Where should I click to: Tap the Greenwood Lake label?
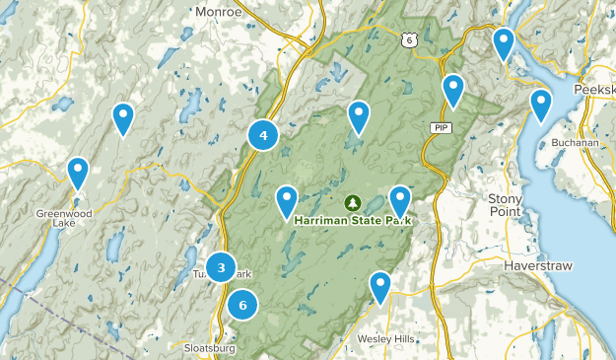click(63, 218)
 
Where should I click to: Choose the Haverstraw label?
click(532, 266)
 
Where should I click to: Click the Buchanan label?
click(576, 142)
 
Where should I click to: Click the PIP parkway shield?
click(440, 128)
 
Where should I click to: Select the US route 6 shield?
click(409, 39)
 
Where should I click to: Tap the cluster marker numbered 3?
click(222, 267)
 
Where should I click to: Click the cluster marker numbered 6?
click(242, 306)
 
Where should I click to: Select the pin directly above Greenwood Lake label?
click(78, 173)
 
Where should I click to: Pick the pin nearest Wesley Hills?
click(380, 286)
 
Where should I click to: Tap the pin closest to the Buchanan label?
click(541, 104)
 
